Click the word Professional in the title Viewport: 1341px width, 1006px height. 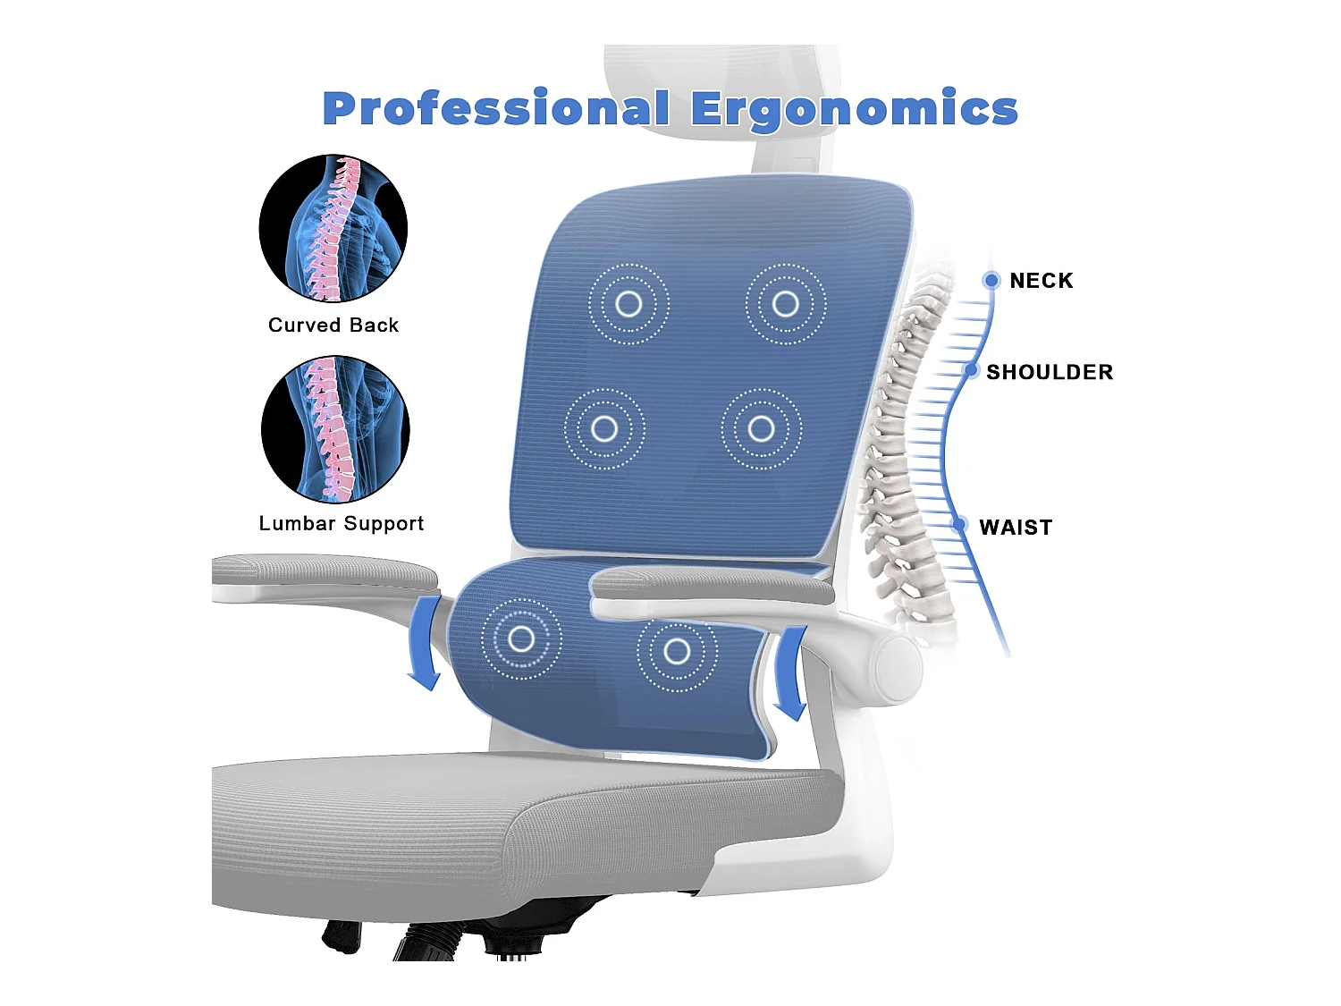point(496,109)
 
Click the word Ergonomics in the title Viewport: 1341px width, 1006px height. point(854,109)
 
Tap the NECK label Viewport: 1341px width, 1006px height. point(1041,281)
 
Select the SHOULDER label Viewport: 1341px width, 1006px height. point(1050,372)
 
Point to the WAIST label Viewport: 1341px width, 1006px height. point(1016,528)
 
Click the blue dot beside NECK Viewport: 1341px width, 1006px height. point(991,281)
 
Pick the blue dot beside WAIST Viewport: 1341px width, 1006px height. point(960,524)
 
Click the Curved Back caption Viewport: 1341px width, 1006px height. point(333,325)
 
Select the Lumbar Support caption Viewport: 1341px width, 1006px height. point(342,524)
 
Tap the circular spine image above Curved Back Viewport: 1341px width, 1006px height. point(333,228)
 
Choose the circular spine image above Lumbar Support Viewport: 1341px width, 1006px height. point(335,429)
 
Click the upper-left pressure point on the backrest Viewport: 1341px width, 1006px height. point(628,304)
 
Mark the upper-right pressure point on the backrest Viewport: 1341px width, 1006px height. point(786,304)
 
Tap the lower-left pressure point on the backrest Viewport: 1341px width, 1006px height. point(604,429)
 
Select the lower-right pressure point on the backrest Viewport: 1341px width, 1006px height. point(762,429)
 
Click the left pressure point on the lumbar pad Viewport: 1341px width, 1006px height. point(521,639)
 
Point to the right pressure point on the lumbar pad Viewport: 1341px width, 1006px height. point(677,651)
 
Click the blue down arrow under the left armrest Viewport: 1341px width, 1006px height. point(426,644)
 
